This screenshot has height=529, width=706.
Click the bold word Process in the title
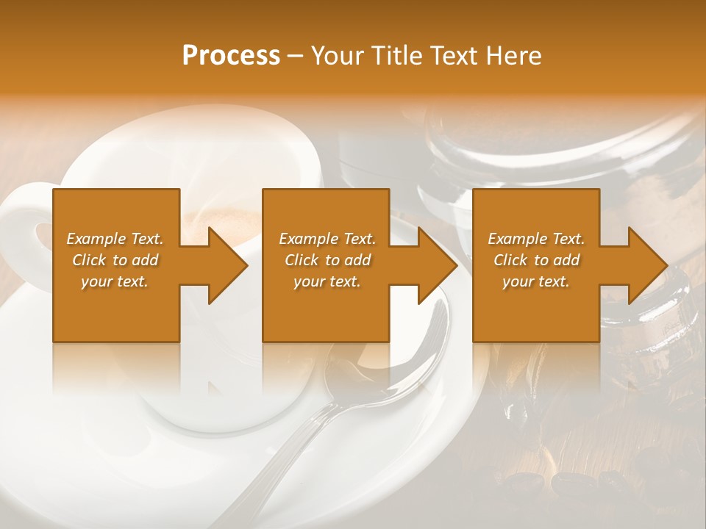231,56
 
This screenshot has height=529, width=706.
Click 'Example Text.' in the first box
115,239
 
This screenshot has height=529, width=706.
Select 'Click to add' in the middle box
327,260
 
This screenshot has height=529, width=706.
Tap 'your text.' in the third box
536,281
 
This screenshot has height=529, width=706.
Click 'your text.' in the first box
115,281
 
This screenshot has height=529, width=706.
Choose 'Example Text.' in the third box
536,239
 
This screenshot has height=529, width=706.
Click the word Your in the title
335,56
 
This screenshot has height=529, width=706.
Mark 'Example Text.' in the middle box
327,239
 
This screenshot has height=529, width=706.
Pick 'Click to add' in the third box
536,260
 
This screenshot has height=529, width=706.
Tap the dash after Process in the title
296,56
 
